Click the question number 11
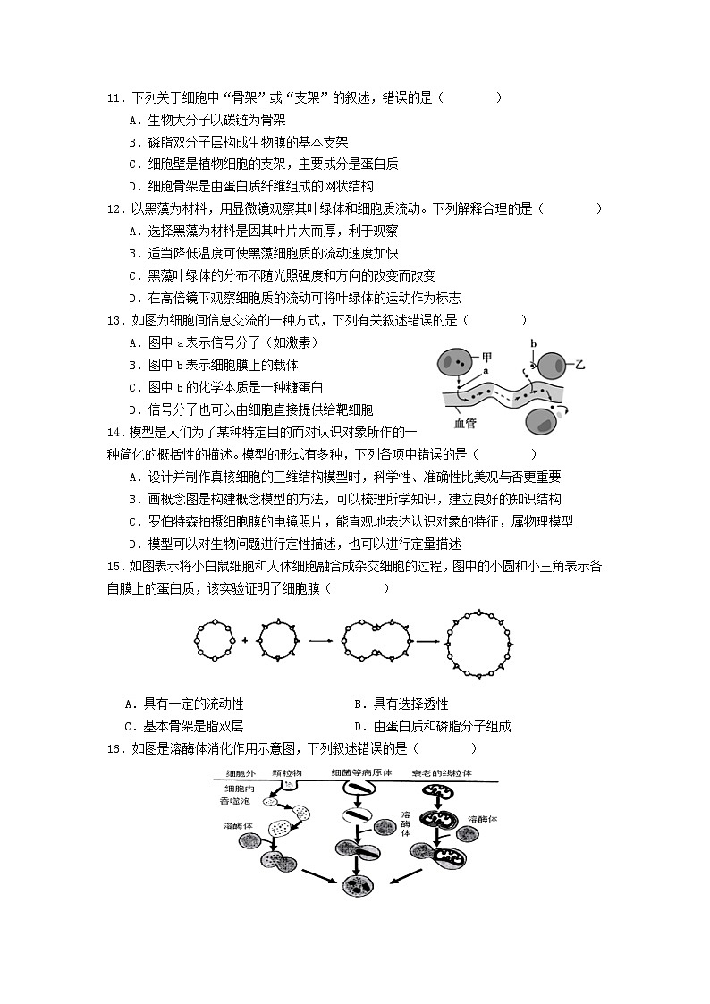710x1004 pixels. coord(114,97)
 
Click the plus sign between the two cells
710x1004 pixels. coord(245,640)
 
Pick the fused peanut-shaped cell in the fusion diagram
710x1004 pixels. coord(368,640)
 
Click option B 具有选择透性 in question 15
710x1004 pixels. coord(402,704)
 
